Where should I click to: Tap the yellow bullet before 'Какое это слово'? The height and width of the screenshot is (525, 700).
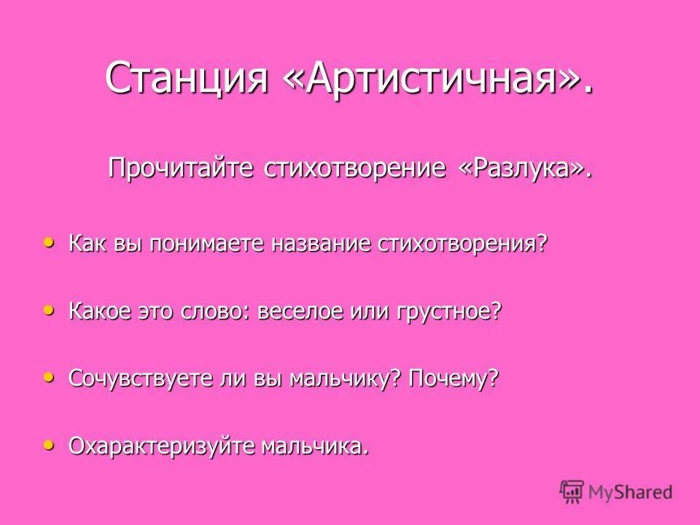(x=49, y=310)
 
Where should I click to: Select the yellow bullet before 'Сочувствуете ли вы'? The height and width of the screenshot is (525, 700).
(x=49, y=377)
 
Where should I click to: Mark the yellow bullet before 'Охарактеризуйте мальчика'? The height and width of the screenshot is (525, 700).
(x=49, y=443)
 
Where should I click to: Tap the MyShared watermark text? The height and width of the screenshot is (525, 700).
(x=630, y=492)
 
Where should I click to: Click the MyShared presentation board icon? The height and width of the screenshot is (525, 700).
(x=572, y=491)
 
